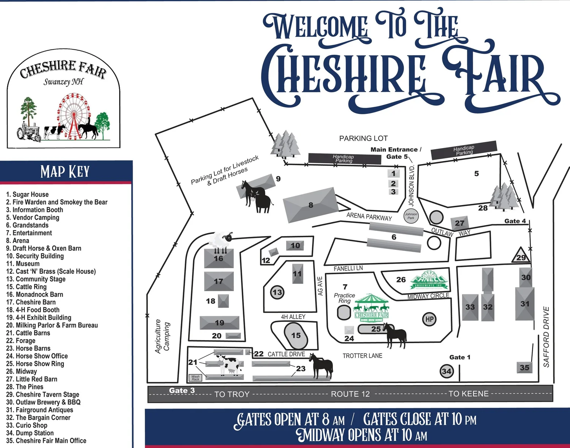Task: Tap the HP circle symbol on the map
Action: [429, 319]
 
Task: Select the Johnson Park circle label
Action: [411, 216]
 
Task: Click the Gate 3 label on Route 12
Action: [182, 390]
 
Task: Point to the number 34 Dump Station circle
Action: [446, 371]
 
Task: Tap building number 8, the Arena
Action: [310, 205]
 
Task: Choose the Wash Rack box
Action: [195, 378]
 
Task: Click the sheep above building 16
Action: [221, 240]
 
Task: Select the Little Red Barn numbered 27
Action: [459, 223]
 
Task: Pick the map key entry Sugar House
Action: [27, 194]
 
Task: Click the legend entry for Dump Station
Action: [30, 433]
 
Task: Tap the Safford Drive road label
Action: [546, 337]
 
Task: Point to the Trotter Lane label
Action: [362, 356]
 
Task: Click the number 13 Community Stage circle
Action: [277, 292]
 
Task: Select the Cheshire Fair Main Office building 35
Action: [524, 367]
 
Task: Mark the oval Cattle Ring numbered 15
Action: [296, 335]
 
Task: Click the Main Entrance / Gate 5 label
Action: [396, 153]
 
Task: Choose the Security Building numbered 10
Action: [295, 246]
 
